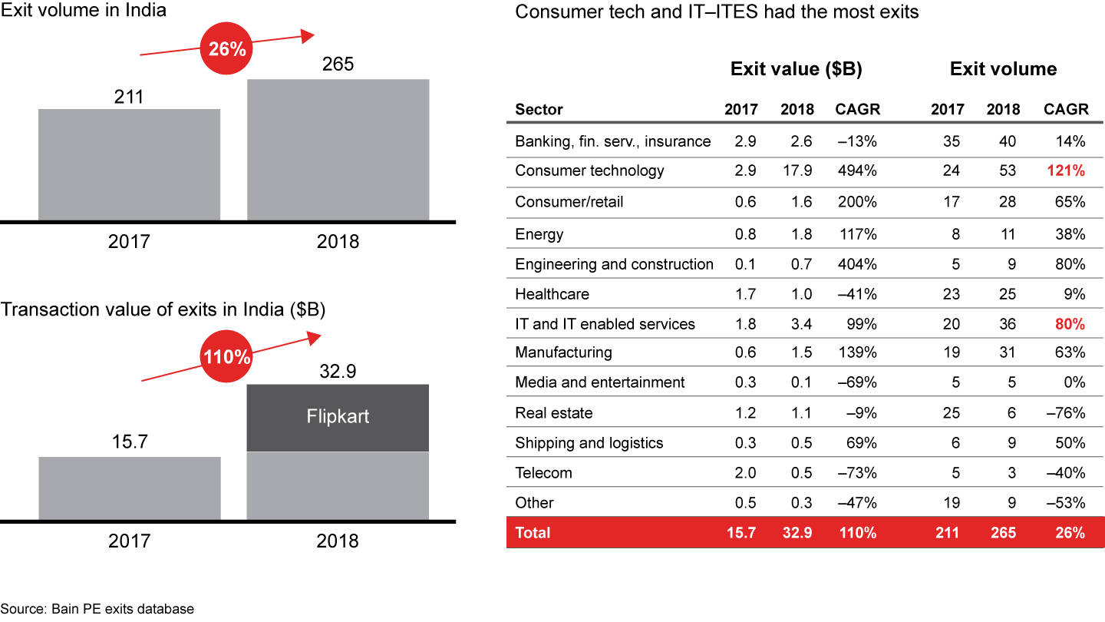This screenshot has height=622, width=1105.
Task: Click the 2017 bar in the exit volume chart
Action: point(129,164)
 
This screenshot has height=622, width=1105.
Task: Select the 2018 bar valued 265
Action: point(338,150)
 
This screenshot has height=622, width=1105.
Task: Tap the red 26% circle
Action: point(228,49)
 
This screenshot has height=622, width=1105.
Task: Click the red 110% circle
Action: point(228,358)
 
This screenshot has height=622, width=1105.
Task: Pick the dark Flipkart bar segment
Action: point(338,417)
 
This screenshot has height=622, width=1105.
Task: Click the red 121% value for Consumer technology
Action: point(1066,170)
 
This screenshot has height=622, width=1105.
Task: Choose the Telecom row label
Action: point(543,473)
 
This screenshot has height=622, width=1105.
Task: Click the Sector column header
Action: point(539,110)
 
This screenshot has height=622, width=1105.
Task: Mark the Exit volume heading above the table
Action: point(1003,69)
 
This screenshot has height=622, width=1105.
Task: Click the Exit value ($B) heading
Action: point(796,69)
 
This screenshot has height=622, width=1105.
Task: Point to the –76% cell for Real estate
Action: point(1066,413)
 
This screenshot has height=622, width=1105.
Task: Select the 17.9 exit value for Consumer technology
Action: point(797,170)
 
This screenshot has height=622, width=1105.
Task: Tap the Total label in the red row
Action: point(533,532)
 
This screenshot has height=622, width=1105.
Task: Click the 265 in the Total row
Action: point(1003,532)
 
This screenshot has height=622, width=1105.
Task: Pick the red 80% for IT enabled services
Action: point(1070,324)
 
